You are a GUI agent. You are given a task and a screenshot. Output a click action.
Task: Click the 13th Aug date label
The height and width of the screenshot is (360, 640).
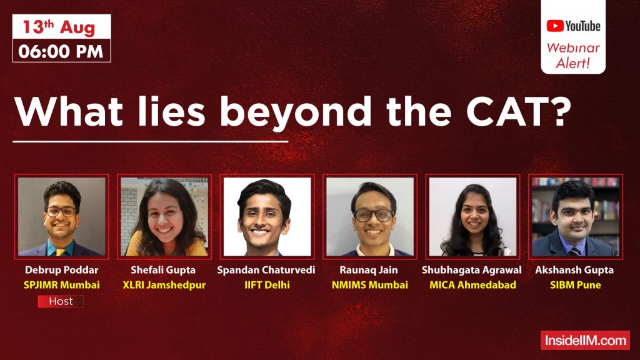point(61,27)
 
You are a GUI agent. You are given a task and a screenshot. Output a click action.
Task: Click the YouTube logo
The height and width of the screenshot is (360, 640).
point(573,26)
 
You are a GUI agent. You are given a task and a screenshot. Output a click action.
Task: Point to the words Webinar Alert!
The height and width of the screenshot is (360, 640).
point(573,56)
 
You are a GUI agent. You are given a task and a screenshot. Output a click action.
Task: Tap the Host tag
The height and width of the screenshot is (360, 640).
point(60,301)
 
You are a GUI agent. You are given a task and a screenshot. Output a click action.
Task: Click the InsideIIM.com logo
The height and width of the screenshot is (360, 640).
point(585,341)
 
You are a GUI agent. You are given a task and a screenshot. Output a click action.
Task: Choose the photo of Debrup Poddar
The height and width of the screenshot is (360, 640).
point(61,217)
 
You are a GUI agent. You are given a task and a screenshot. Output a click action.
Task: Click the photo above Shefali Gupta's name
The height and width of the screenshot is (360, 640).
point(164,217)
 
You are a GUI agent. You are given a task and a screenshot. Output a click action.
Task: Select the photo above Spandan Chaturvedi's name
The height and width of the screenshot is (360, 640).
point(267,217)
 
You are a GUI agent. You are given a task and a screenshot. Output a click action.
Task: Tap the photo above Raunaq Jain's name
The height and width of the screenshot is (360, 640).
point(370,217)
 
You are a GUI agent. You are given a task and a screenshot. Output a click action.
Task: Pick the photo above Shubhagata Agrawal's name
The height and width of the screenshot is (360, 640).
point(472,217)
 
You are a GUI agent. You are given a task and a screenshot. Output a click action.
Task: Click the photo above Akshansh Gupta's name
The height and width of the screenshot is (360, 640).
point(575,217)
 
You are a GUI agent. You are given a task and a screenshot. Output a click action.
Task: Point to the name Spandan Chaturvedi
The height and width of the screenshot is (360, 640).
point(266,271)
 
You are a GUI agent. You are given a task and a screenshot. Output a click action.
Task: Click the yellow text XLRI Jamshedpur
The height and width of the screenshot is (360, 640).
point(164,285)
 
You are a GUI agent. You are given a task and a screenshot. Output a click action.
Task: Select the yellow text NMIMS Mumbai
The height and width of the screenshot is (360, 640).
point(370,285)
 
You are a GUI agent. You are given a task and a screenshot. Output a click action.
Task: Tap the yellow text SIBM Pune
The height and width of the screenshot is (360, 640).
point(574,285)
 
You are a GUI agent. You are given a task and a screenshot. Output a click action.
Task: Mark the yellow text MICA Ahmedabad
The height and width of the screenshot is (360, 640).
point(472,285)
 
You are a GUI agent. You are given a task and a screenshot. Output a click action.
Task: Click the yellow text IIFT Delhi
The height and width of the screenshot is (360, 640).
point(267,285)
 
